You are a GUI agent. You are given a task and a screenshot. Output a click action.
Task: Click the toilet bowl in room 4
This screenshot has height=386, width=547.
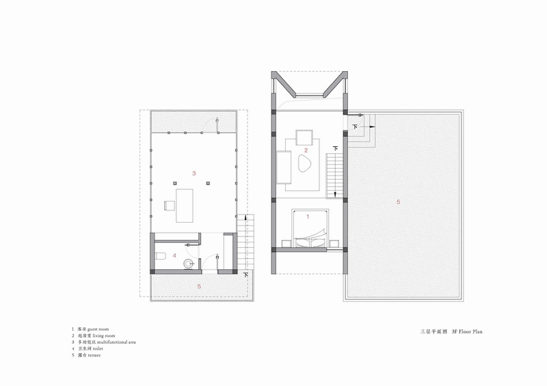point(161,256)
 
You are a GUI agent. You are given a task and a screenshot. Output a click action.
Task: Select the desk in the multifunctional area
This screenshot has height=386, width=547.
point(186,205)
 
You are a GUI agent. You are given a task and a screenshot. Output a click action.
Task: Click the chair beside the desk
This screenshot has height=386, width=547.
point(168,205)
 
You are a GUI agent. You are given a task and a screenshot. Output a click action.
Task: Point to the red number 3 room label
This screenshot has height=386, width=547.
point(195,174)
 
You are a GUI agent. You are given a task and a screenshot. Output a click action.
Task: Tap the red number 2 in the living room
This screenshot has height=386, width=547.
point(306,150)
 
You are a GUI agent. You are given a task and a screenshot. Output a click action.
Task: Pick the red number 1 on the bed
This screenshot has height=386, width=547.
point(308,216)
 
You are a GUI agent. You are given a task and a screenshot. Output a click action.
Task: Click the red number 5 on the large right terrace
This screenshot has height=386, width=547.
point(398,202)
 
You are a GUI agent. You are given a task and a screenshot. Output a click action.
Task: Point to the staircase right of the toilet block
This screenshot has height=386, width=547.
point(248,239)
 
